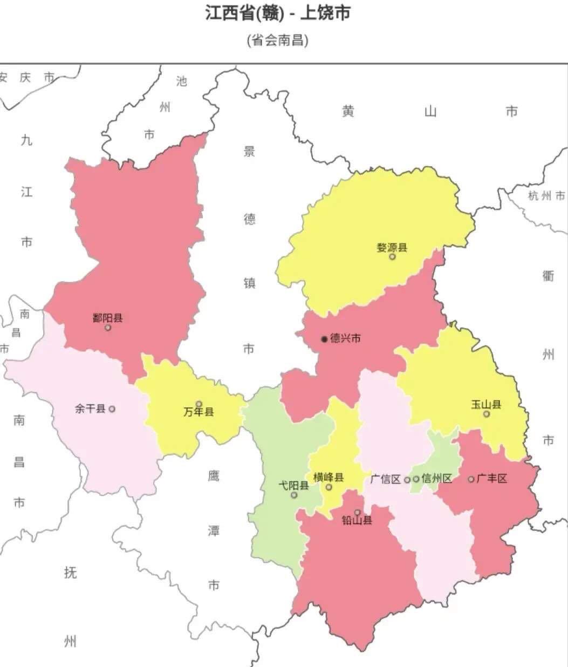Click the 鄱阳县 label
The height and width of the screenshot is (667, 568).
pyautogui.click(x=108, y=318)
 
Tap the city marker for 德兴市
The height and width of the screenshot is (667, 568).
pyautogui.click(x=324, y=339)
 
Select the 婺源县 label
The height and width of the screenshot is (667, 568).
pyautogui.click(x=392, y=248)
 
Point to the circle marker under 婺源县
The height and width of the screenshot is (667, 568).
pyautogui.click(x=393, y=257)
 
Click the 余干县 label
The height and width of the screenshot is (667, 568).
pyautogui.click(x=90, y=409)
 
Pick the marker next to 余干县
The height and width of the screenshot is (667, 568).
pyautogui.click(x=112, y=409)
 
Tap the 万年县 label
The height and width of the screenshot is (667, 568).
pyautogui.click(x=199, y=412)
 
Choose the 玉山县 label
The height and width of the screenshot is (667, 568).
pyautogui.click(x=486, y=404)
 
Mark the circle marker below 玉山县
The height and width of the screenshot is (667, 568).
pyautogui.click(x=487, y=414)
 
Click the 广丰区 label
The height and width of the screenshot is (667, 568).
pyautogui.click(x=492, y=479)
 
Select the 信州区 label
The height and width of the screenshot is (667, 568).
pyautogui.click(x=436, y=479)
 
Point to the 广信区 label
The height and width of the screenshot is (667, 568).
pyautogui.click(x=386, y=479)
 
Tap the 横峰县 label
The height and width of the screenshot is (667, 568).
pyautogui.click(x=329, y=478)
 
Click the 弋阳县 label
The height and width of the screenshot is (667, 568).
pyautogui.click(x=293, y=485)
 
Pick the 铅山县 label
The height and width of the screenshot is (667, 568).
pyautogui.click(x=357, y=521)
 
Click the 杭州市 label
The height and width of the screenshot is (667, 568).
pyautogui.click(x=546, y=196)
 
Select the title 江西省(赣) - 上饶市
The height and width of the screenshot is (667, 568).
pyautogui.click(x=277, y=13)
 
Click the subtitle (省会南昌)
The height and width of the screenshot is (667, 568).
pyautogui.click(x=277, y=40)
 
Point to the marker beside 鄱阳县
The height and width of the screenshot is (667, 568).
pyautogui.click(x=108, y=328)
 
